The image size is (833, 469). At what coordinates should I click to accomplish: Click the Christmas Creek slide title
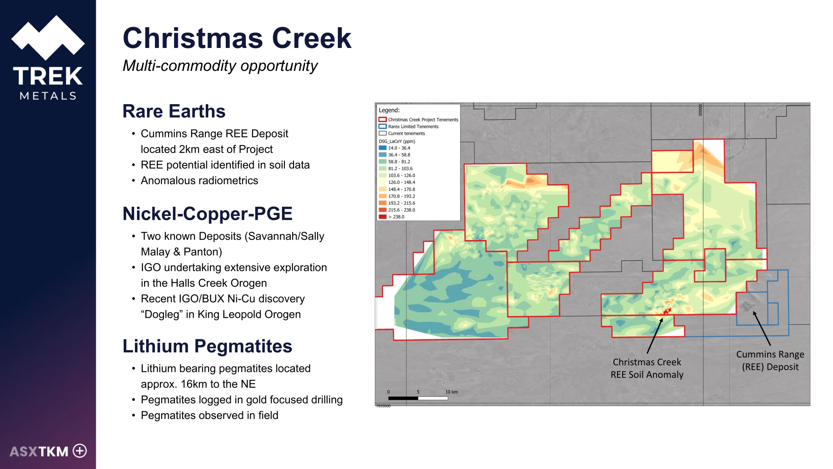237,38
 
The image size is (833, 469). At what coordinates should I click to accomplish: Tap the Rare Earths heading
174,111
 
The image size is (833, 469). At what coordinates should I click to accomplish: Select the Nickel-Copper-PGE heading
207,213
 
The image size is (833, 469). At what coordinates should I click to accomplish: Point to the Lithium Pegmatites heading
207,346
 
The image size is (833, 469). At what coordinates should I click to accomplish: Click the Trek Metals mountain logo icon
48,38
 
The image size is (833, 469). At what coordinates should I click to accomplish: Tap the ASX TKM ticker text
39,451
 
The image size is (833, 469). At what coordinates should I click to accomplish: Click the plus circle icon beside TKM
80,451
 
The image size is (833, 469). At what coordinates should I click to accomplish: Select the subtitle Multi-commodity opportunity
220,66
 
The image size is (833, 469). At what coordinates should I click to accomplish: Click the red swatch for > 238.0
382,217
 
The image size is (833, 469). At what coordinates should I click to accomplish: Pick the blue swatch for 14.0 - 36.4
382,148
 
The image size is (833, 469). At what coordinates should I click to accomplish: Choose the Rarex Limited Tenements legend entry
409,126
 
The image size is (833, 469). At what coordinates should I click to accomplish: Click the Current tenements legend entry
402,133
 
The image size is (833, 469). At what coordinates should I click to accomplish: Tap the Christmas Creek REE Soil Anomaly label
647,369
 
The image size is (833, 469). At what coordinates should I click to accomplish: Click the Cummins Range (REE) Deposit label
770,361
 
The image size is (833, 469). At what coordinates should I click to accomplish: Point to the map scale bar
418,398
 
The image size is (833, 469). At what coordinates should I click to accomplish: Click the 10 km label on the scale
451,392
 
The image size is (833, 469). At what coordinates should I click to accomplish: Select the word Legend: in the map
389,110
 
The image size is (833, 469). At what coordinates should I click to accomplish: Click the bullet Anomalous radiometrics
200,181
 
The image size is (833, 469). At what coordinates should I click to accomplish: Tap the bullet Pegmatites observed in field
209,415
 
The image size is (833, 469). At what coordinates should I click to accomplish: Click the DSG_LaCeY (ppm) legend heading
397,141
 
